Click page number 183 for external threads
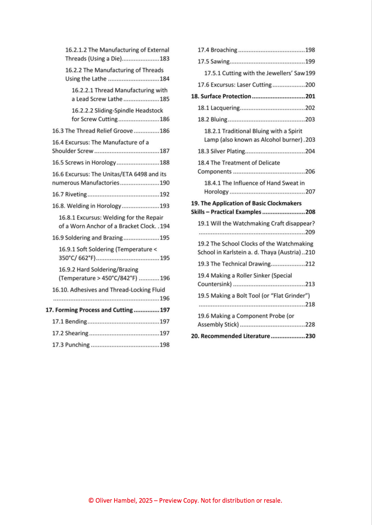(165, 59)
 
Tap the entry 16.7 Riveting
(69, 194)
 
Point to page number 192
(165, 194)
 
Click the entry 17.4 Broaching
(217, 50)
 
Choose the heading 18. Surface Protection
(221, 96)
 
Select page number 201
(310, 96)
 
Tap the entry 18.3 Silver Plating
(221, 151)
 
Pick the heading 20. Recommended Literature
(230, 336)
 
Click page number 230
(310, 336)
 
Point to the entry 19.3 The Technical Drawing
(234, 264)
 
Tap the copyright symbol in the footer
(91, 501)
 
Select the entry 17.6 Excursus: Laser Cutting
(234, 85)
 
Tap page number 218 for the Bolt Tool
(310, 304)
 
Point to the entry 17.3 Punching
(71, 345)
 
